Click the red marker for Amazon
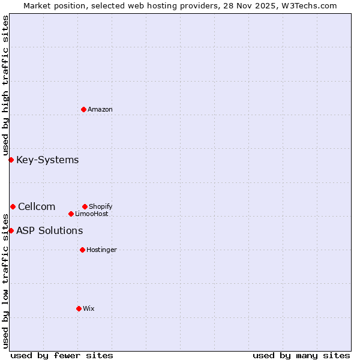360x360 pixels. click(83, 109)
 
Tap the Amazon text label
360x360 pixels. click(100, 109)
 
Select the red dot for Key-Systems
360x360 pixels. click(11, 160)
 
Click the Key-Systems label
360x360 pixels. click(47, 160)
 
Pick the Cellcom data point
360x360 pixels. click(13, 206)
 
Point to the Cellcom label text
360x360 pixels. click(37, 206)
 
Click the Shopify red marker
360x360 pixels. click(85, 206)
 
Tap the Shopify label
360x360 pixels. click(100, 206)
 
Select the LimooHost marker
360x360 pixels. click(71, 214)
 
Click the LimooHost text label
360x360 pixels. click(92, 214)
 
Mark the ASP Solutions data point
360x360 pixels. click(11, 230)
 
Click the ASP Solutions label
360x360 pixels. click(49, 230)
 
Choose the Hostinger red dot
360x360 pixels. click(82, 250)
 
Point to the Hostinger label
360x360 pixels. click(101, 250)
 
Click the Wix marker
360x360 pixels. click(79, 308)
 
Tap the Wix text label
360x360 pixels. click(88, 308)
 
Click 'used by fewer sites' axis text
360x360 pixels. click(62, 355)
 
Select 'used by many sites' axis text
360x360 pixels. click(301, 355)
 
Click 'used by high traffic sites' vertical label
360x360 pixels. click(5, 85)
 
